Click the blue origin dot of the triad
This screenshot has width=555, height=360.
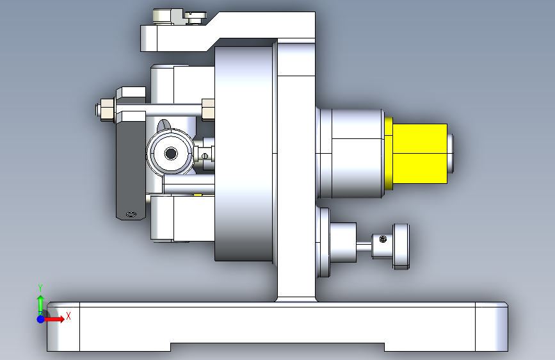(x=41, y=319)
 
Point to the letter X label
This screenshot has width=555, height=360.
(x=68, y=316)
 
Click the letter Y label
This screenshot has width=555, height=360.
(x=40, y=288)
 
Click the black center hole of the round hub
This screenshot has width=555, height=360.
(x=171, y=154)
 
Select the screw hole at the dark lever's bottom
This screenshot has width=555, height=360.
(x=131, y=214)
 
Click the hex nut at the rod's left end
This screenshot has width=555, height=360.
(x=107, y=110)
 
